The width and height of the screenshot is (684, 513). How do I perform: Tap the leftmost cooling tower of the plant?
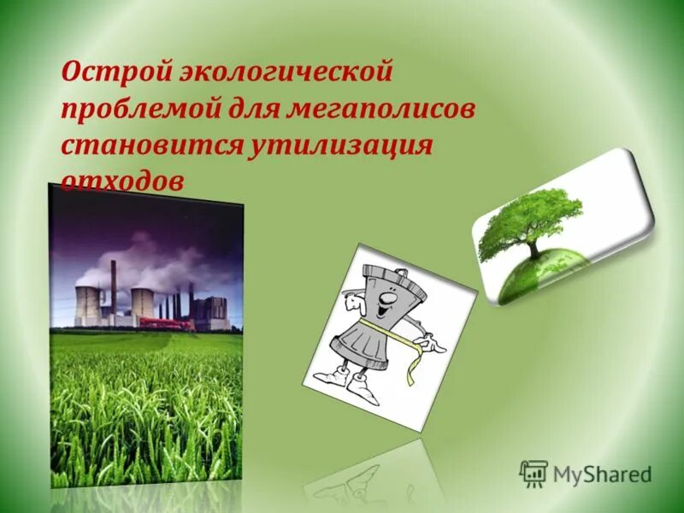(87, 306)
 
